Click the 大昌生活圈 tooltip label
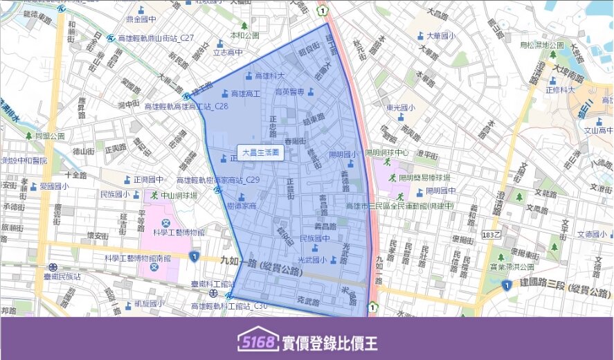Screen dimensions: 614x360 coord(260,152)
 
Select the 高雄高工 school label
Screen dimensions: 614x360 coord(245,93)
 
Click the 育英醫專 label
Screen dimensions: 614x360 coord(290,91)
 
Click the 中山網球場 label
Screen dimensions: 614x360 coord(179,196)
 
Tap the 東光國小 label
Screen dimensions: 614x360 coord(400,108)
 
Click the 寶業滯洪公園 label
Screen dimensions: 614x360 coord(512,267)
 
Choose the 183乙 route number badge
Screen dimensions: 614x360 coord(491,235)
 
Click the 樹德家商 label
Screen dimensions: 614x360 coord(242,206)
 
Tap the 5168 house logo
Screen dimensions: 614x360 coord(258,341)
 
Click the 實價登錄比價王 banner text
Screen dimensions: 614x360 coord(331,341)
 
